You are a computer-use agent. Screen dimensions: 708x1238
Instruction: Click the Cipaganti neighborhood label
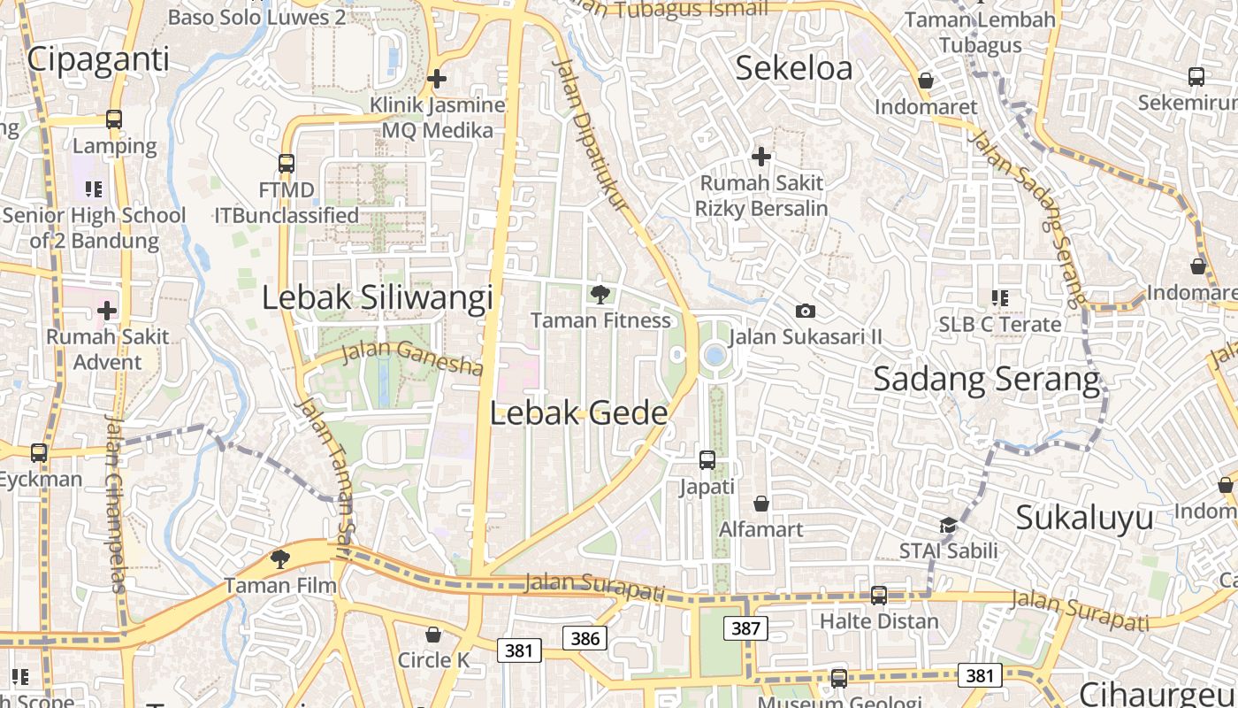tap(97, 59)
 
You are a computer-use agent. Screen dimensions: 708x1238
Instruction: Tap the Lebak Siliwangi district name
tap(377, 298)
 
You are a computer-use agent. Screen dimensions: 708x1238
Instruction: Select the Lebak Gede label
tap(578, 413)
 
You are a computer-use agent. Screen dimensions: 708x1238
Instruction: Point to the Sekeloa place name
tap(794, 68)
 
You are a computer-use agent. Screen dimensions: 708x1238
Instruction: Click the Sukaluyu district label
tap(1084, 518)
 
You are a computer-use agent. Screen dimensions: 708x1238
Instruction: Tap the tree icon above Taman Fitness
tap(600, 294)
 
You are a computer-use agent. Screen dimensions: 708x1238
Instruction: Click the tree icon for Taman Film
tap(280, 558)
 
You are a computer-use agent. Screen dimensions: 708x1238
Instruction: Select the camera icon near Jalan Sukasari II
tap(805, 311)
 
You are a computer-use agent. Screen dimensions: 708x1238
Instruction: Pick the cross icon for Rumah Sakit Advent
tap(107, 311)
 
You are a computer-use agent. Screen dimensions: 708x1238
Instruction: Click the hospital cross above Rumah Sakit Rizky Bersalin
tap(760, 157)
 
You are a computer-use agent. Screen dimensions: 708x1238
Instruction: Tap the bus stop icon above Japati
tap(707, 460)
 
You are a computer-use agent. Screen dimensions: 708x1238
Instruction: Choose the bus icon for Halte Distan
tap(878, 595)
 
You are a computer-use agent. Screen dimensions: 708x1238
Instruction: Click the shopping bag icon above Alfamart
tap(760, 504)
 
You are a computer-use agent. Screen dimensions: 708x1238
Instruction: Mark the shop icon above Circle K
tap(433, 635)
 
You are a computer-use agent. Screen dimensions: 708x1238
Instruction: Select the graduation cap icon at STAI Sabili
tap(948, 525)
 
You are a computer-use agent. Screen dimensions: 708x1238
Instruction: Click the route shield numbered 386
tap(585, 638)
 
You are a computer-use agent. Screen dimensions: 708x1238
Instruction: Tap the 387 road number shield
tap(745, 628)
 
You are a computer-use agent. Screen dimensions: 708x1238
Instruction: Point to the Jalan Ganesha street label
tap(412, 357)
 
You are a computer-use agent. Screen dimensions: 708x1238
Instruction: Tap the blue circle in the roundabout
tap(715, 356)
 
